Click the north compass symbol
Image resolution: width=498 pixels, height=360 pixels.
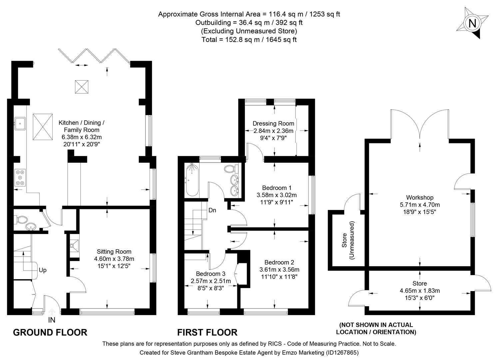point(472,24)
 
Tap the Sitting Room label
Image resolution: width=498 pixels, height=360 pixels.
point(114,252)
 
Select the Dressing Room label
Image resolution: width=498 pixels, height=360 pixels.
point(273,124)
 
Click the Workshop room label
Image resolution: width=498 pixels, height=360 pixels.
point(419,198)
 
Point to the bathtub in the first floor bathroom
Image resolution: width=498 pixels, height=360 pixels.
point(192,180)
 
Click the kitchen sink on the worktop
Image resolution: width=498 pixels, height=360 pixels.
point(20,123)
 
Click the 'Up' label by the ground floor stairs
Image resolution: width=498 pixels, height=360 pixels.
point(43,270)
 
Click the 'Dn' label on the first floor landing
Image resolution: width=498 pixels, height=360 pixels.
point(213,210)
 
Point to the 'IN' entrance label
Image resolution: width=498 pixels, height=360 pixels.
point(52,320)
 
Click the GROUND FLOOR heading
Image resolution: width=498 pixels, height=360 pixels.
point(50,332)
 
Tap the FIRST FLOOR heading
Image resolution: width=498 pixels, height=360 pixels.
point(207,332)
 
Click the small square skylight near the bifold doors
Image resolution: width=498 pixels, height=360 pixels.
point(80,87)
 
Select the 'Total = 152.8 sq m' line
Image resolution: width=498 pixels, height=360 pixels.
point(249,39)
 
